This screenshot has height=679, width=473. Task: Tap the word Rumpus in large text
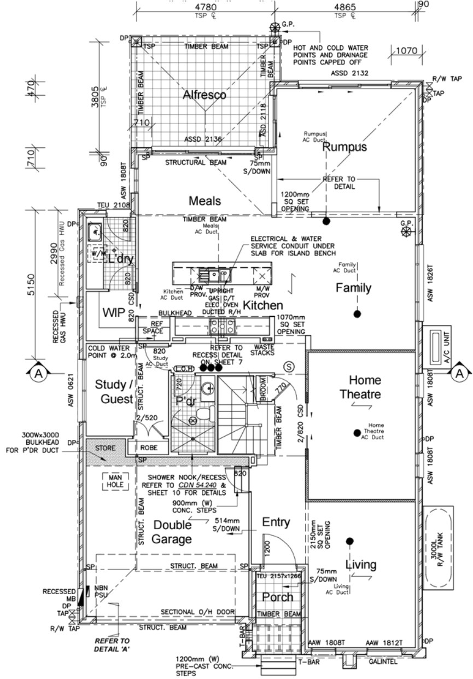pos(344,147)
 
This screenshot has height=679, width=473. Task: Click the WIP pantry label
pos(115,312)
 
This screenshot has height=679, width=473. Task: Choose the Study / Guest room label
pos(114,392)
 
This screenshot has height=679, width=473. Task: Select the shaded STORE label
pos(106,448)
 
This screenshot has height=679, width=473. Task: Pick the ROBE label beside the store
pos(149,447)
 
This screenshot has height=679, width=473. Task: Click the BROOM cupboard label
pos(261,387)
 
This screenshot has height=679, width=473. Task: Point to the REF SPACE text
pos(153,327)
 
